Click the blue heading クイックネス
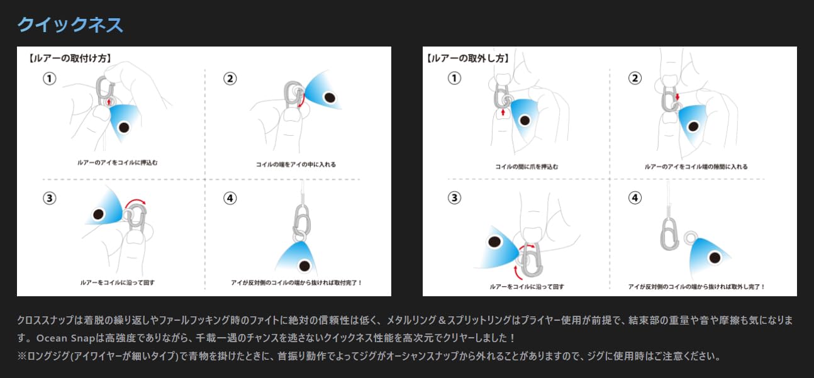70,25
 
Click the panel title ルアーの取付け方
70,58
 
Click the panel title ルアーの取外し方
468,58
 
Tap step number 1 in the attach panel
50,79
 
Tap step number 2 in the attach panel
230,79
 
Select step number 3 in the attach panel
50,198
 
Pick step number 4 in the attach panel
230,198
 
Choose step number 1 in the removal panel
454,78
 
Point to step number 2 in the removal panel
635,78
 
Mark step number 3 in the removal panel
454,197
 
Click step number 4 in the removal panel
635,197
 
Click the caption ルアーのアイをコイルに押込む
118,162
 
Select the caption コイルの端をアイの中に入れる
296,164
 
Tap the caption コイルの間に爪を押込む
527,167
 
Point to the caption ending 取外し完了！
696,286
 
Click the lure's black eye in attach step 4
304,265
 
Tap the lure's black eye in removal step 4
715,258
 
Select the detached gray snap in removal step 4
669,233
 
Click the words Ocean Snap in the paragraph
65,338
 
